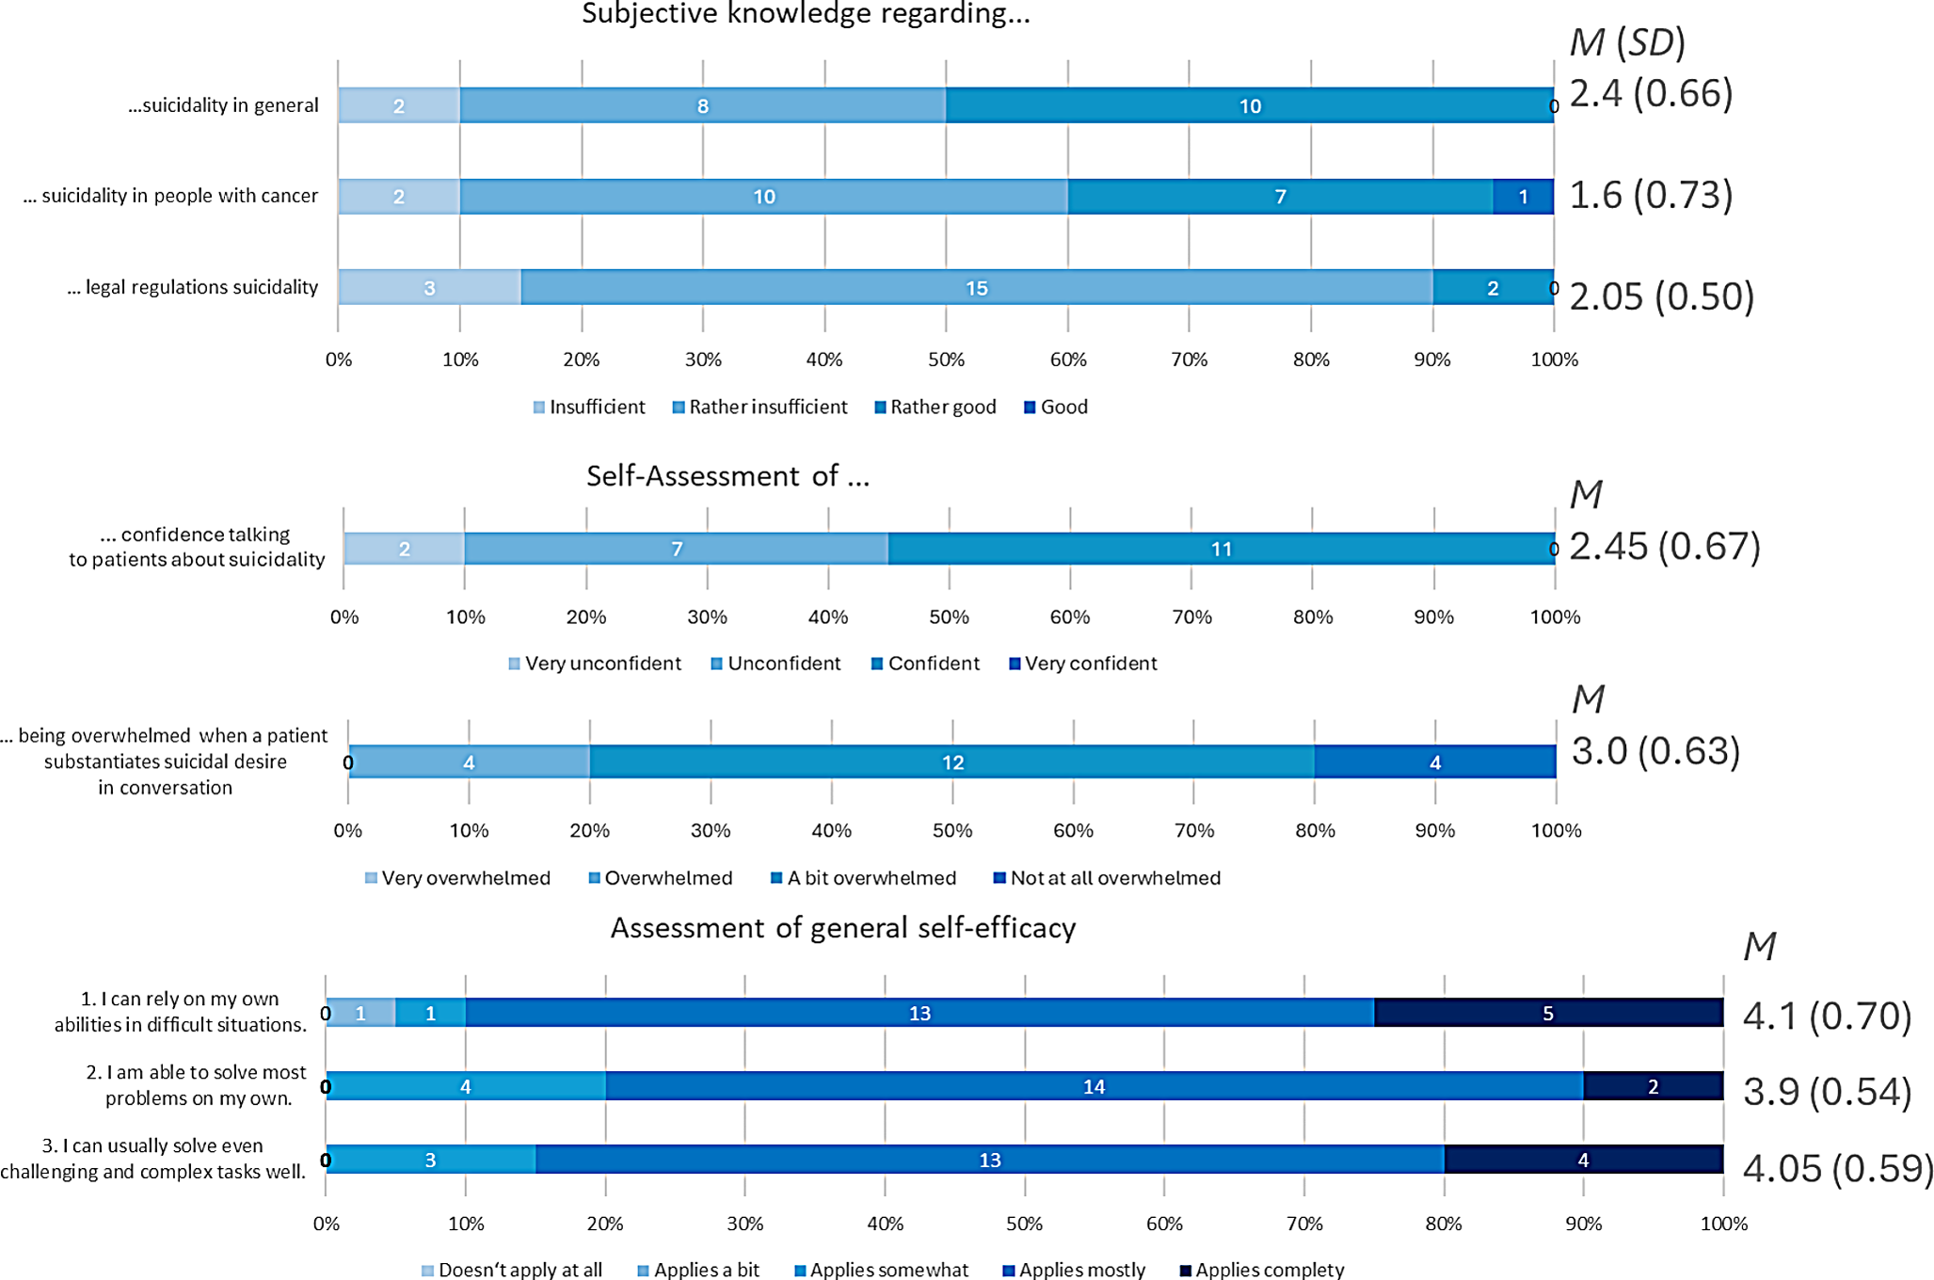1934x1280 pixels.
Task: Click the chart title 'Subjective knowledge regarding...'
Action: coord(806,14)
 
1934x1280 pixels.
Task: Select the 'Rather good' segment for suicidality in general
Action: coord(1249,105)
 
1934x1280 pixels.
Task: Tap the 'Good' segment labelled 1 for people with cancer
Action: coord(1523,197)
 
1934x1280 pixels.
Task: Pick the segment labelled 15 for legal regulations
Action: coord(976,288)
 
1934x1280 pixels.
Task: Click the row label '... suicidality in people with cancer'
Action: coord(170,196)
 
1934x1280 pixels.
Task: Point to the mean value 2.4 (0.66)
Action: coord(1651,94)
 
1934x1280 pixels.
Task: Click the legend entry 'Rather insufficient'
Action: coord(759,408)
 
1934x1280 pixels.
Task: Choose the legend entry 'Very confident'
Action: coord(1082,664)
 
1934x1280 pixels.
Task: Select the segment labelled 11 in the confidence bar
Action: coord(1221,549)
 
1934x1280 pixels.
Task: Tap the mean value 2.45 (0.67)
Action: coord(1664,547)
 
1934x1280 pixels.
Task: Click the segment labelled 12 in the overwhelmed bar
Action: coord(952,762)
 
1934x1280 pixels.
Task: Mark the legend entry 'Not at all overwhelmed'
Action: coord(1107,878)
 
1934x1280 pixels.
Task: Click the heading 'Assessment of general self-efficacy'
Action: coord(842,929)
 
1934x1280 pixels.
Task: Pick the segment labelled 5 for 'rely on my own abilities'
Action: coord(1548,1013)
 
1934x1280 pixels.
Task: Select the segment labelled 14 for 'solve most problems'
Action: coord(1094,1086)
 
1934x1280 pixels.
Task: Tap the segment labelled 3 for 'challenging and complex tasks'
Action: coord(430,1160)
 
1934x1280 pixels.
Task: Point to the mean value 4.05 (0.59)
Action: coord(1837,1169)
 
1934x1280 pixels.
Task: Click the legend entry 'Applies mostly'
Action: coord(1074,1270)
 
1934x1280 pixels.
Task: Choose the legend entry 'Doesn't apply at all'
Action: coord(512,1270)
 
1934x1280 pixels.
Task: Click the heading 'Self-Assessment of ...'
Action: coord(727,476)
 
